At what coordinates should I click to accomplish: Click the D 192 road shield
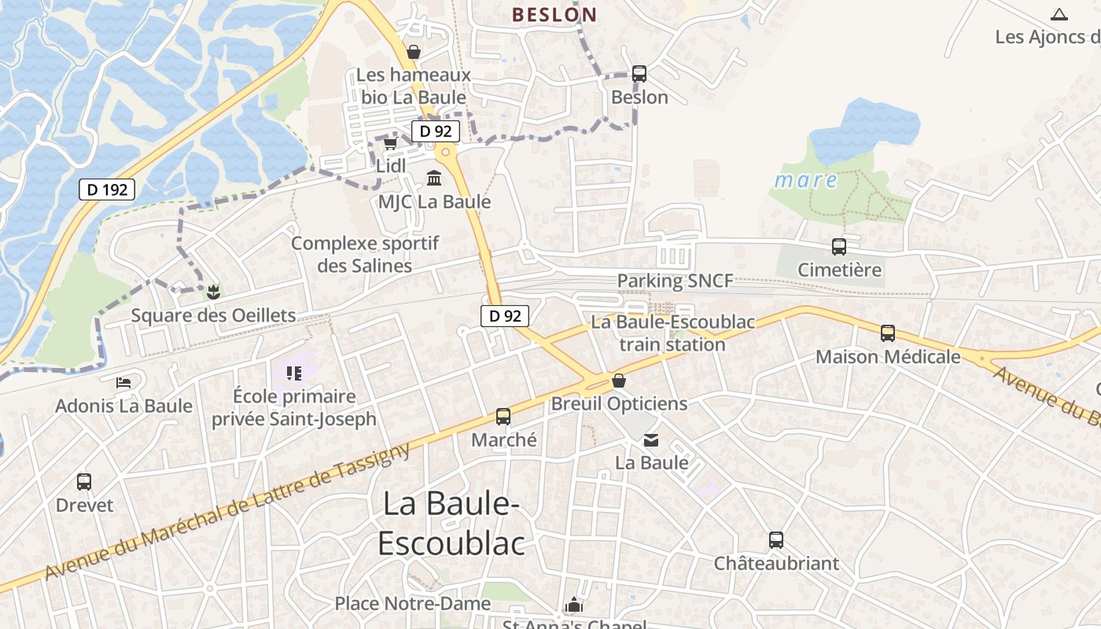(x=107, y=189)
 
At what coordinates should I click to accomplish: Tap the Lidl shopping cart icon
(x=390, y=144)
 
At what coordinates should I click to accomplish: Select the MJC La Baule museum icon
(x=433, y=178)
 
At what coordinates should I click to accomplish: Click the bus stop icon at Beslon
(x=639, y=74)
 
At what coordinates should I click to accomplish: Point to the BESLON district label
(x=554, y=14)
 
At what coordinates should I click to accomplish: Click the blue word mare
(x=805, y=180)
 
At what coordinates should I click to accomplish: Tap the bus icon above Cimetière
(x=839, y=247)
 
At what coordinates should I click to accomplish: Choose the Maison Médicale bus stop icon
(x=888, y=333)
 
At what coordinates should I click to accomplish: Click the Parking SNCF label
(x=675, y=281)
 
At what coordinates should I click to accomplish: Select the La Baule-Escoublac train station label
(x=672, y=333)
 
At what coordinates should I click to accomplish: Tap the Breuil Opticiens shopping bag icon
(x=619, y=381)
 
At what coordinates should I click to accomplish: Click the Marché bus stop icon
(x=503, y=417)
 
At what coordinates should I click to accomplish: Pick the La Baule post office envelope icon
(x=651, y=440)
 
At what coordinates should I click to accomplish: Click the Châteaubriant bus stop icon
(x=776, y=540)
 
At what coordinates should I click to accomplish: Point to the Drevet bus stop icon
(x=84, y=482)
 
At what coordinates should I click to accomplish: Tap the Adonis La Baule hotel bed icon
(x=123, y=383)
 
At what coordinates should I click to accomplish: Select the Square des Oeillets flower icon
(x=212, y=293)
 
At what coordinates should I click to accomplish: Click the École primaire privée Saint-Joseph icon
(x=294, y=373)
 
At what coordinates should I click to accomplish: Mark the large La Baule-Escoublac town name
(x=451, y=524)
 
